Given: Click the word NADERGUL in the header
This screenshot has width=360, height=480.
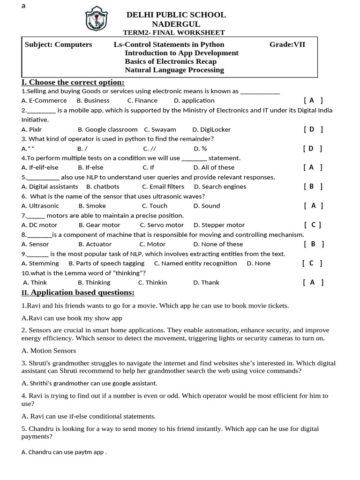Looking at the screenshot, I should click(x=176, y=24).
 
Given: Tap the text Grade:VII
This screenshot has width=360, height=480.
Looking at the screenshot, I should click(x=287, y=45).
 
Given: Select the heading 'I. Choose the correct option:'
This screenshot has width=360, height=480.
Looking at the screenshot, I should click(x=73, y=82).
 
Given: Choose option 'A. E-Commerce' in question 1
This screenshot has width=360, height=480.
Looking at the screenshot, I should click(x=44, y=100).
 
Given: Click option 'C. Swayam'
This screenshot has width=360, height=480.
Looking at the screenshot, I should click(x=160, y=129).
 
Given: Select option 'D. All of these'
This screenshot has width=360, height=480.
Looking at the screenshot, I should click(x=214, y=167).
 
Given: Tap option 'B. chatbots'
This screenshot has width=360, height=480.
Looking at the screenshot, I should click(x=103, y=187).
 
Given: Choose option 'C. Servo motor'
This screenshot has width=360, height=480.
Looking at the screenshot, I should click(x=163, y=225).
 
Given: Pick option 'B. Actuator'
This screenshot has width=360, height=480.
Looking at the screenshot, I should click(x=95, y=244).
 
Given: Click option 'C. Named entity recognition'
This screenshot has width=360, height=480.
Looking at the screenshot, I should click(x=195, y=263).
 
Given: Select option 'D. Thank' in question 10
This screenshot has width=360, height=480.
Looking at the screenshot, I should click(x=206, y=283).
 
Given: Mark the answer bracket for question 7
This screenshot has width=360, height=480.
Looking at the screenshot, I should click(x=313, y=225).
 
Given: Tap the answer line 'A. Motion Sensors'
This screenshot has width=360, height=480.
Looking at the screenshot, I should click(x=49, y=351).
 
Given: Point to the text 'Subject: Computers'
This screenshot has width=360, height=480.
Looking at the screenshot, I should click(x=58, y=45).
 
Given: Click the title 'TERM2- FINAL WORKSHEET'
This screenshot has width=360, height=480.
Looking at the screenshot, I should click(x=173, y=32).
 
